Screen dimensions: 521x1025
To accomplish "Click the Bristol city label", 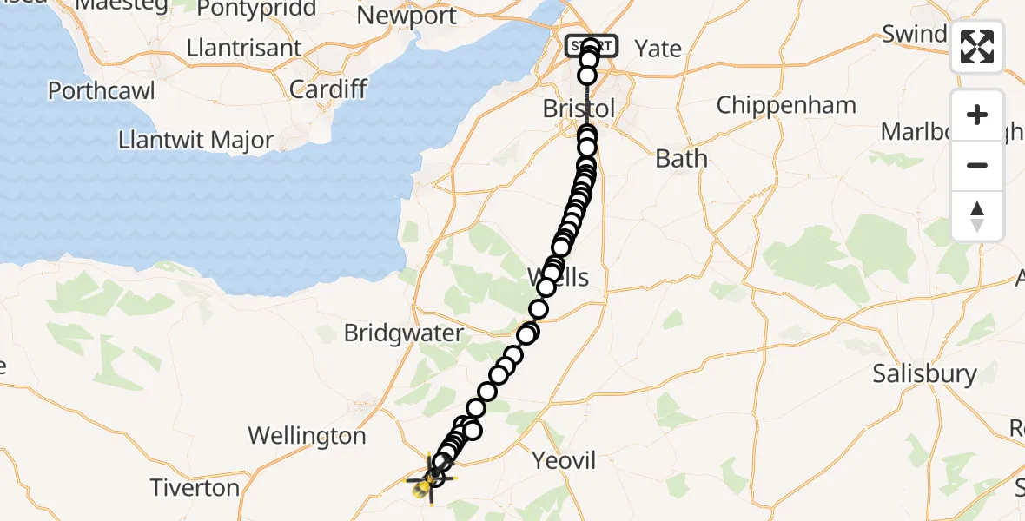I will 579,109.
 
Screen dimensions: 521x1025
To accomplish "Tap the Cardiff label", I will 328,89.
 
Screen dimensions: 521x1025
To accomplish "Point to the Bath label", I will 682,159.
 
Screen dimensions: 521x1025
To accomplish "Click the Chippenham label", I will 786,105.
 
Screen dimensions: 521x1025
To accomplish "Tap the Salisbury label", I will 925,374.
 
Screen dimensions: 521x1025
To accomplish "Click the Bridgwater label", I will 404,333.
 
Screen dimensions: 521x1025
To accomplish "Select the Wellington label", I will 307,435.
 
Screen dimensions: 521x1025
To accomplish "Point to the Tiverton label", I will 195,488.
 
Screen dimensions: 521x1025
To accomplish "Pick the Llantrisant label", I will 244,47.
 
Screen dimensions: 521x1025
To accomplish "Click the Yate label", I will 658,49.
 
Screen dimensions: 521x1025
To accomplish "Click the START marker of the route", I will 591,45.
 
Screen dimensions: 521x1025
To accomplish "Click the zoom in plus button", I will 977,115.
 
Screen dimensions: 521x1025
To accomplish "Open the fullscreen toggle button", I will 977,47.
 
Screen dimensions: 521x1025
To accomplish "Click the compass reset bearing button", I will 977,216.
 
